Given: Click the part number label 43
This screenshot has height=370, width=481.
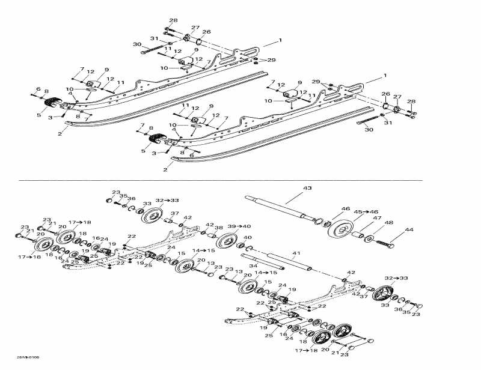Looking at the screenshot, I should click(x=307, y=189).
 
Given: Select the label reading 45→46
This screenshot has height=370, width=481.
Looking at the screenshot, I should click(x=365, y=211).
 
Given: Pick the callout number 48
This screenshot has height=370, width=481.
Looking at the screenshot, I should click(x=388, y=223).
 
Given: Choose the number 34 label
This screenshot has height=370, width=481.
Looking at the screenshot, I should click(x=254, y=266).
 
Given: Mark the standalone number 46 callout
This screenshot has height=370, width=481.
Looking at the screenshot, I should click(x=345, y=209).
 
